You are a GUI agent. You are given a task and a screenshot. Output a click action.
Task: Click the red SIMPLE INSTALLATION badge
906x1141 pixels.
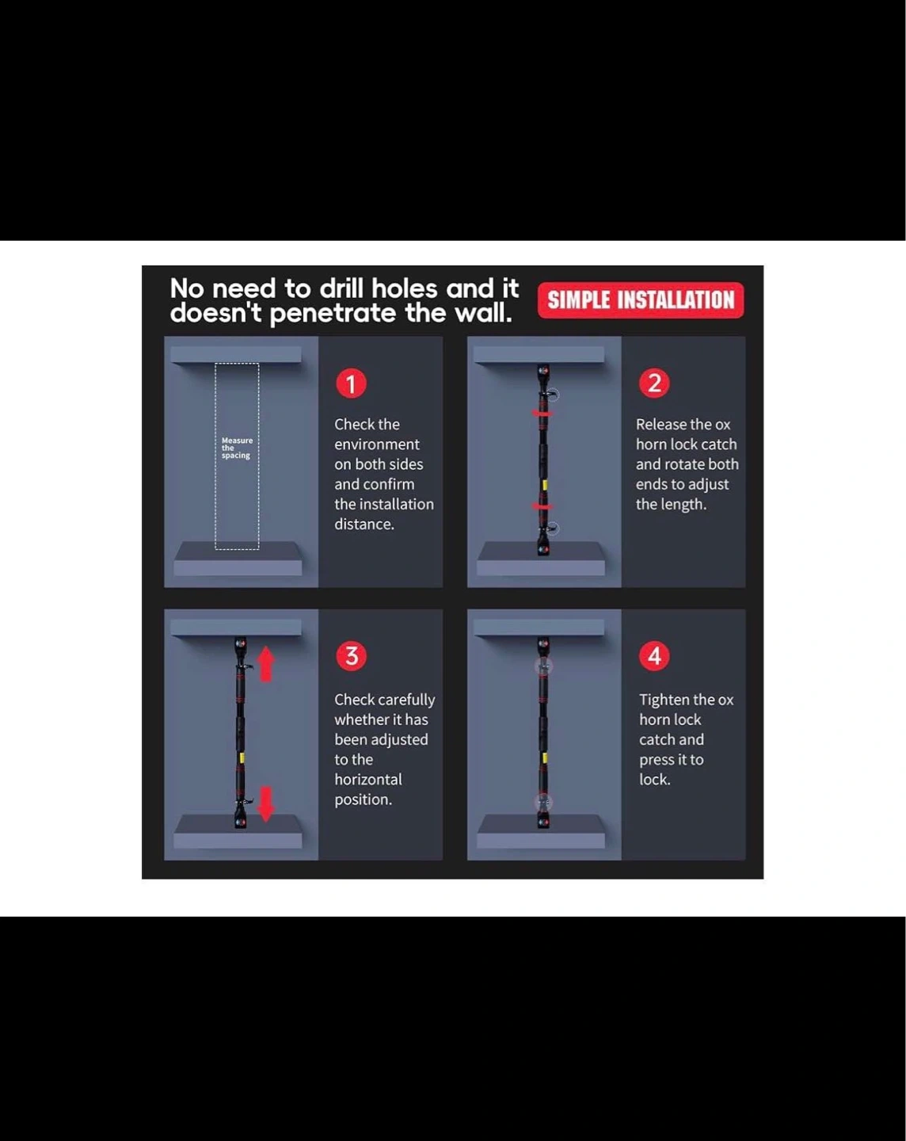coord(641,300)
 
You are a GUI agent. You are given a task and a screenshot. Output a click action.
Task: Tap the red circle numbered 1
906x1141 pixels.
coord(351,384)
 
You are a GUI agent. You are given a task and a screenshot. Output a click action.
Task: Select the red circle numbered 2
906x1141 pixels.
coord(654,383)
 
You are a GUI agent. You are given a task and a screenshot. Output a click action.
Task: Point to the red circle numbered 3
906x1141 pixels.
coord(351,656)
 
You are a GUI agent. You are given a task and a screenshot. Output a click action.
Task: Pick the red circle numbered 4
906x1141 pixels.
coord(654,656)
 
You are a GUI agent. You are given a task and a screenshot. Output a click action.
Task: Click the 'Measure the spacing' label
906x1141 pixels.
coord(237,448)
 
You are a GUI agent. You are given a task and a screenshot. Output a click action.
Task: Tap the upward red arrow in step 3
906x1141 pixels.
coord(266,664)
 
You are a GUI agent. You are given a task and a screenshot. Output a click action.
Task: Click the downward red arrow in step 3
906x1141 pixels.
coord(266,803)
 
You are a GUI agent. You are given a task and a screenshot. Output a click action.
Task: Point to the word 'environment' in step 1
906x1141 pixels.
coord(376,445)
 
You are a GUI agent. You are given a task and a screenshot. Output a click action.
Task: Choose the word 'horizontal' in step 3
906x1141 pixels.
coord(368,780)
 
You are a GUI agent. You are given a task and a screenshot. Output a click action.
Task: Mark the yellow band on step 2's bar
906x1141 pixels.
coord(544,485)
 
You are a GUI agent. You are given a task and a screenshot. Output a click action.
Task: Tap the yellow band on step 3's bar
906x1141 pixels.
coord(242,758)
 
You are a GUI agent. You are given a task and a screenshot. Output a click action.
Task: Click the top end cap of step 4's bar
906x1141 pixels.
coord(543,644)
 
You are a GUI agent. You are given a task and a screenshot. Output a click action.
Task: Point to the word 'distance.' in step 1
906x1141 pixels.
coord(364,525)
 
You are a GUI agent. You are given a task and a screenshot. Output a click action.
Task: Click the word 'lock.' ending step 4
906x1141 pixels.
coord(655,780)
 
